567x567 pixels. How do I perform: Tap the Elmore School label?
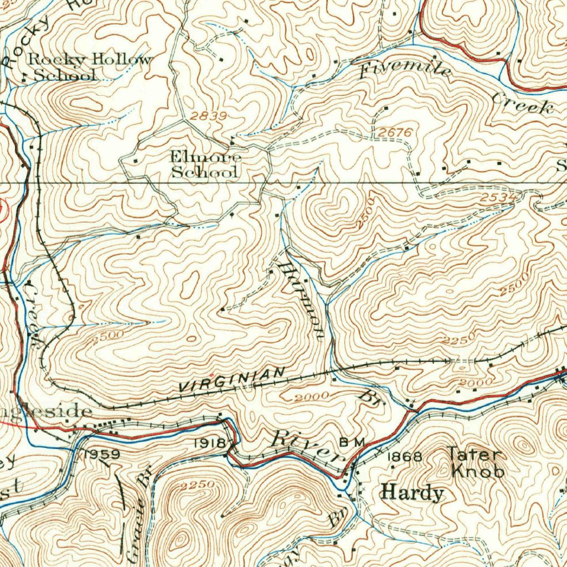pyautogui.click(x=205, y=165)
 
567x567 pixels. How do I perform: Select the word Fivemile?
pyautogui.click(x=406, y=70)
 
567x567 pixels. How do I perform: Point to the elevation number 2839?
pyautogui.click(x=209, y=116)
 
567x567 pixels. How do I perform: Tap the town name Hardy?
pyautogui.click(x=413, y=493)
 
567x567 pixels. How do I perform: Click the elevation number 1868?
pyautogui.click(x=405, y=457)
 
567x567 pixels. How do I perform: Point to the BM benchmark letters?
pyautogui.click(x=352, y=442)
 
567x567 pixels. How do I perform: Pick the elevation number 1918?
pyautogui.click(x=210, y=443)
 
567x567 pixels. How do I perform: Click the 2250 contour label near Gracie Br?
pyautogui.click(x=197, y=485)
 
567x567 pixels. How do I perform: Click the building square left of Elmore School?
pyautogui.click(x=136, y=161)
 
